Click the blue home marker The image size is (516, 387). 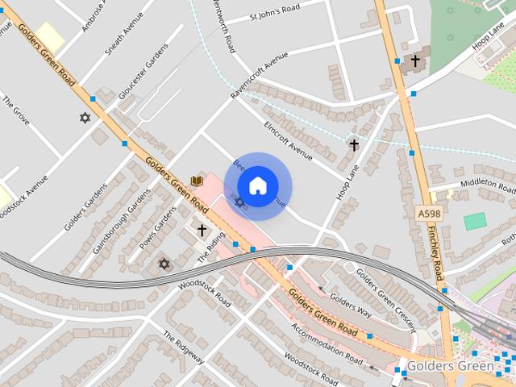tap(258, 185)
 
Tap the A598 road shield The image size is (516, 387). tap(429, 213)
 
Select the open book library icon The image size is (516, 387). tap(196, 181)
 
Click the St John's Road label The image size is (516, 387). tap(275, 11)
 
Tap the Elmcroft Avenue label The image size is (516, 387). tap(288, 139)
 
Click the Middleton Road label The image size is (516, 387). tap(487, 184)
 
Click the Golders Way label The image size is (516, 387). tap(351, 306)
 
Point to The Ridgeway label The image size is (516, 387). tap(184, 347)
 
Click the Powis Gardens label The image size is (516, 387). tap(157, 228)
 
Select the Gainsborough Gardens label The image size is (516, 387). tap(121, 223)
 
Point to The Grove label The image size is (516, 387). tap(16, 110)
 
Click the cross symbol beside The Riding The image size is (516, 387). tap(202, 230)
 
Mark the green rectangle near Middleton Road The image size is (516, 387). tap(475, 221)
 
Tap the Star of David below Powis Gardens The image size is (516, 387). tap(164, 264)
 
